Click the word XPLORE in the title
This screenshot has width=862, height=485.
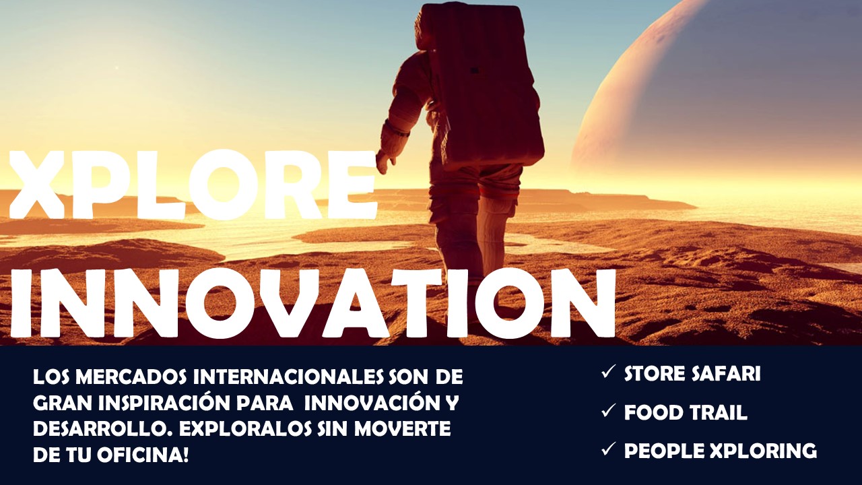point(193,185)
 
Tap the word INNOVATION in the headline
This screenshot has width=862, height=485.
point(312,304)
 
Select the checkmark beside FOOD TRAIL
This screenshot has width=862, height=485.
point(608,410)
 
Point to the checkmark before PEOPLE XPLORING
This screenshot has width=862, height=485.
point(608,449)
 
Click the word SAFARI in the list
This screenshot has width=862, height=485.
point(725,374)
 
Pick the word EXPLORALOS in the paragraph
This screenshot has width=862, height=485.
point(245,429)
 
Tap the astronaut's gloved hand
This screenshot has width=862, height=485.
point(385,162)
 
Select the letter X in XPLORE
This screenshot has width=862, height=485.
point(37,185)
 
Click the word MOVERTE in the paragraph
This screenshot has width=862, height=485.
point(402,429)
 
